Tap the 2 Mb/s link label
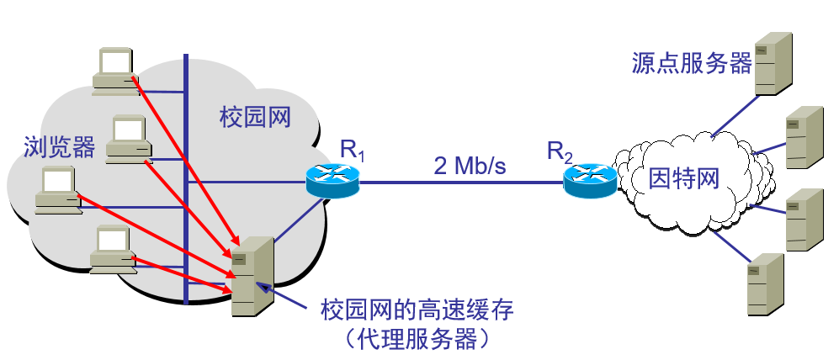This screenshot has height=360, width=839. click(470, 165)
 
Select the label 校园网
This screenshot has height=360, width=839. click(254, 117)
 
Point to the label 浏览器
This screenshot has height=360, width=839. click(59, 147)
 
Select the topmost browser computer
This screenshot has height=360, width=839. click(114, 70)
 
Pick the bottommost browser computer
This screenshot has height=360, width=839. click(113, 251)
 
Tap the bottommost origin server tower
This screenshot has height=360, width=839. click(765, 284)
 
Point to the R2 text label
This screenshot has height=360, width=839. click(560, 151)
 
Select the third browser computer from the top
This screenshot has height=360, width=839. click(57, 191)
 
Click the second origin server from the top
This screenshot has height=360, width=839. click(803, 138)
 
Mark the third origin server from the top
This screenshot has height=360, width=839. click(804, 220)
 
